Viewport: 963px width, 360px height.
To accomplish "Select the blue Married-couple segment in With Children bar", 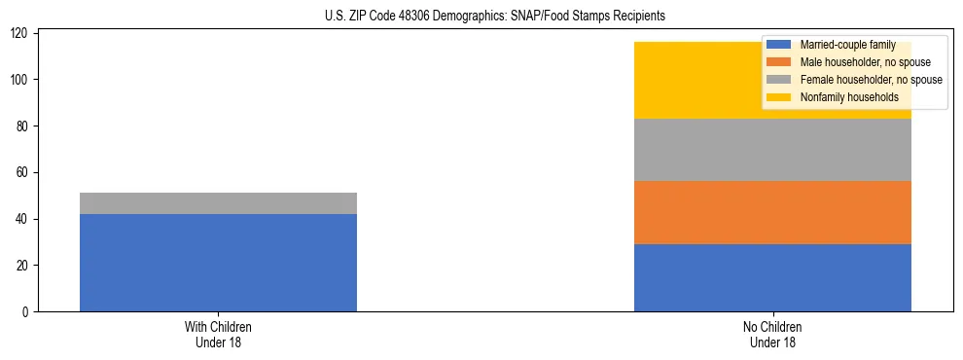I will (x=218, y=263).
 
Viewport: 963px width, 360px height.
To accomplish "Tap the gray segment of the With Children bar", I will (x=218, y=203).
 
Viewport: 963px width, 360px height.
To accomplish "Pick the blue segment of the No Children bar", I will (x=772, y=277).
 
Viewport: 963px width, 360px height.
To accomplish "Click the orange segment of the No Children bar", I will (x=772, y=212).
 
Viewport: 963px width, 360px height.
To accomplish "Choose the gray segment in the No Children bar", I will (x=772, y=150).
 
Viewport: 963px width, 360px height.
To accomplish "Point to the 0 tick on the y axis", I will (x=29, y=312).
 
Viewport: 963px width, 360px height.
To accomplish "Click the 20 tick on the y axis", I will (x=26, y=266).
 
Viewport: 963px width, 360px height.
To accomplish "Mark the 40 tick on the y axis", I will (x=26, y=219).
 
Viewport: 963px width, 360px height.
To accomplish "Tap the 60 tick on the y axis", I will (x=26, y=172).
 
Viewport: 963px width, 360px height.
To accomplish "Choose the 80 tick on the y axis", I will (x=26, y=126).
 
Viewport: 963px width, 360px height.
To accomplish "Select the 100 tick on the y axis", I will (x=23, y=79).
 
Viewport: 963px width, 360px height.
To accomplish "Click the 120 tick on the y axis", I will (x=23, y=33).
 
